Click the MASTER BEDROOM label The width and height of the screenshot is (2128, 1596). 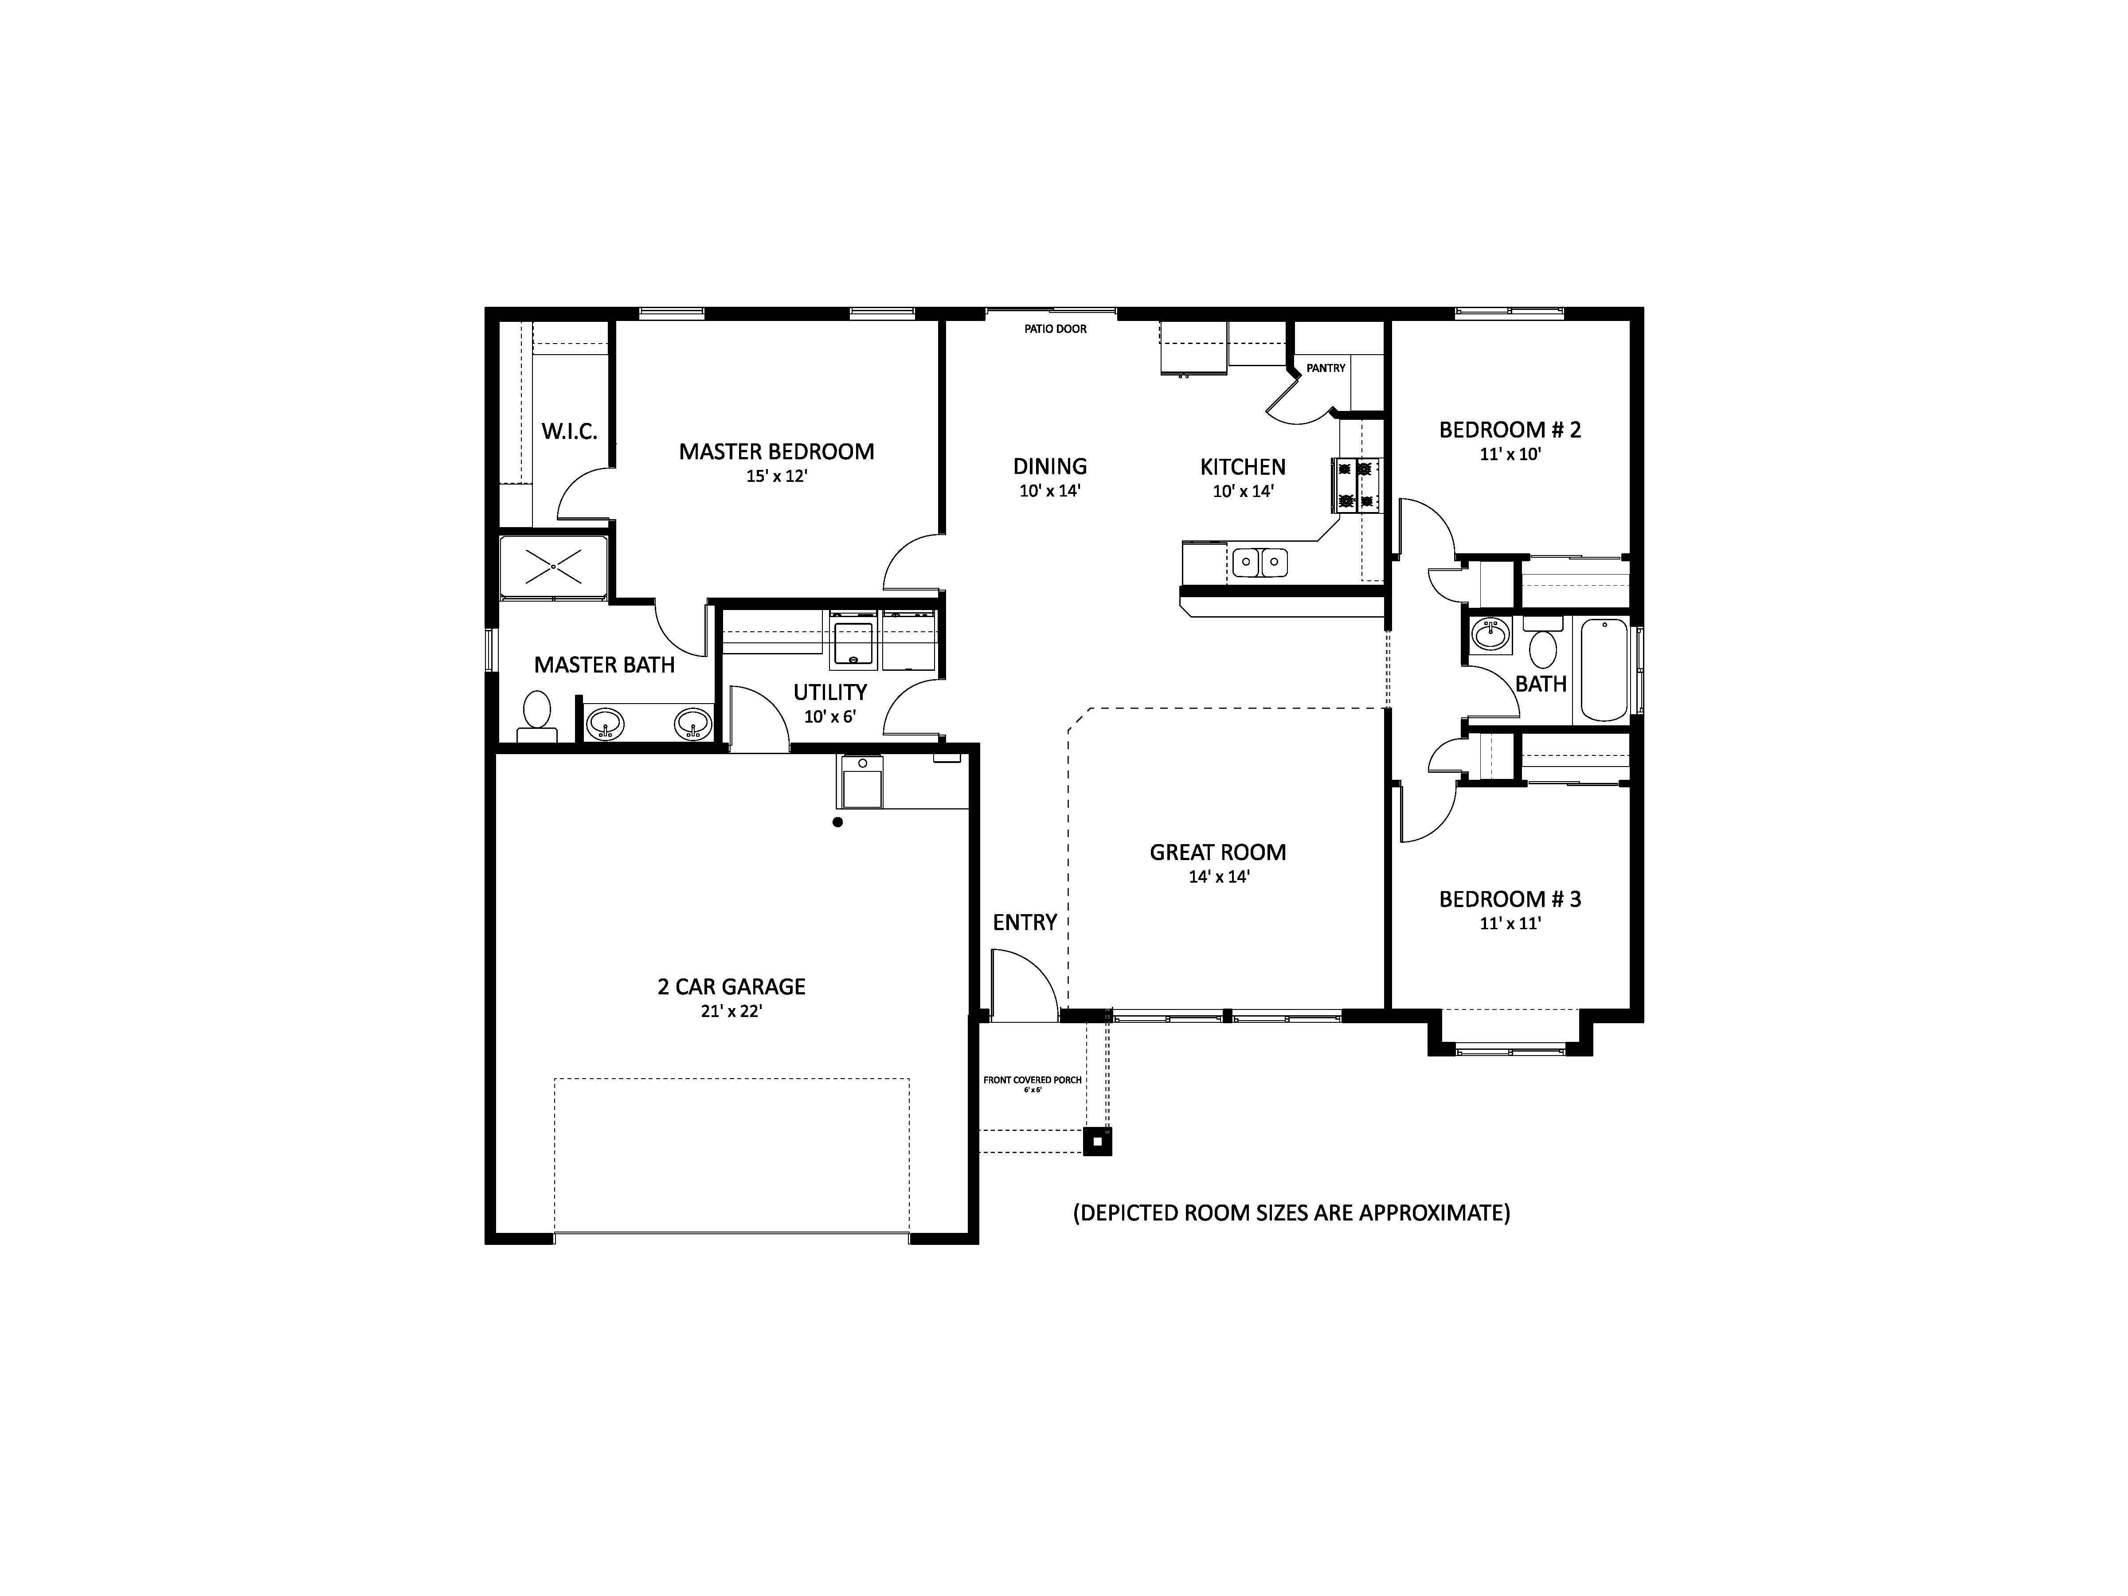click(x=776, y=451)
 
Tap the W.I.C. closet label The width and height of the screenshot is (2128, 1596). click(x=570, y=431)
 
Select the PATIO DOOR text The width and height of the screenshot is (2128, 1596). click(x=1055, y=329)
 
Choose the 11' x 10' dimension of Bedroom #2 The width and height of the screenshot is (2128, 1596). click(x=1510, y=454)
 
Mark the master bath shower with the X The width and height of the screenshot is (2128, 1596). click(x=553, y=567)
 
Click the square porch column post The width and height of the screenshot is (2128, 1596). click(x=1098, y=1141)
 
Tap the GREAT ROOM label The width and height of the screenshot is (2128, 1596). click(x=1218, y=853)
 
